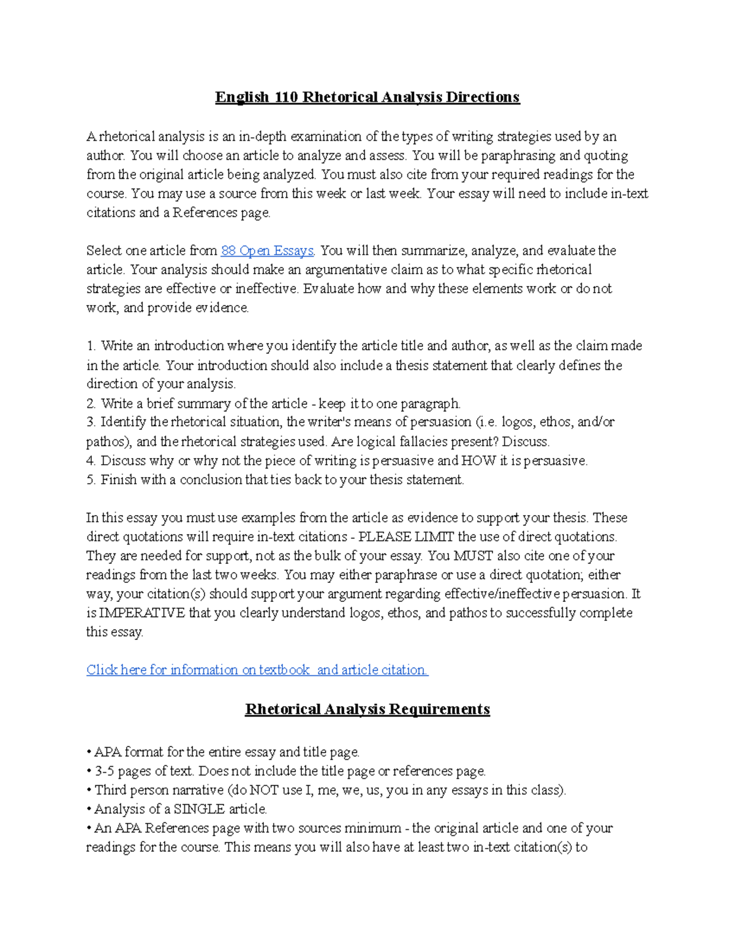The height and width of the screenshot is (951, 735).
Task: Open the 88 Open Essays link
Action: pos(267,250)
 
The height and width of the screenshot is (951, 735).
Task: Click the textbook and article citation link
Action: pos(257,670)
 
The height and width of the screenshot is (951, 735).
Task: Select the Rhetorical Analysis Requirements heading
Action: pos(367,709)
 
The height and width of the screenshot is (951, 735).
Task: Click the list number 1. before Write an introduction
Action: pos(91,346)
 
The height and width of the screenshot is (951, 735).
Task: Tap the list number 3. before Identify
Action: pos(91,422)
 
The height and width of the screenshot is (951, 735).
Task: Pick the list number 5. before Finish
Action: pos(91,479)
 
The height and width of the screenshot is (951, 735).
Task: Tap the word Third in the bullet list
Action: pos(110,790)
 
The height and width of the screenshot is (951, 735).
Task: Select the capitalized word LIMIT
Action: pos(434,537)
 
